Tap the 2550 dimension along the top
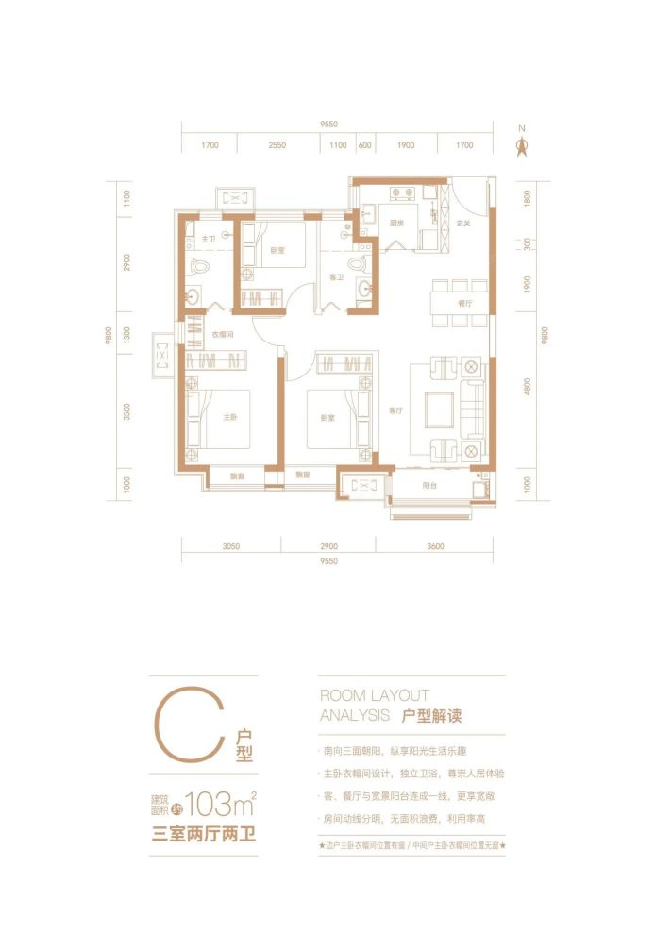coord(277,146)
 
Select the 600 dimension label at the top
coord(364,146)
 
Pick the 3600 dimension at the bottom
coord(434,547)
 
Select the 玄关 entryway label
coord(463,224)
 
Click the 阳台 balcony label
coord(429,485)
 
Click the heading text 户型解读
coord(432,717)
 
